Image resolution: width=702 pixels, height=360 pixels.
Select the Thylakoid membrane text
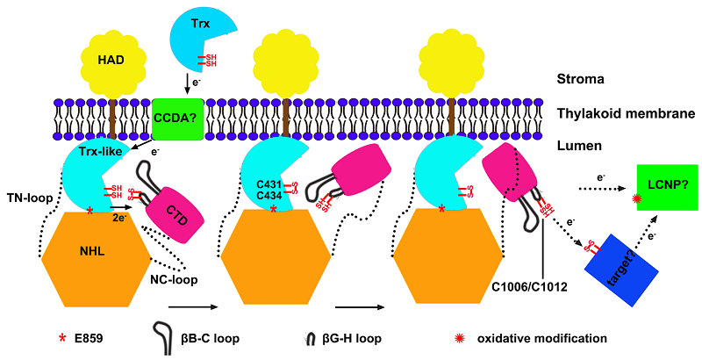627,114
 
